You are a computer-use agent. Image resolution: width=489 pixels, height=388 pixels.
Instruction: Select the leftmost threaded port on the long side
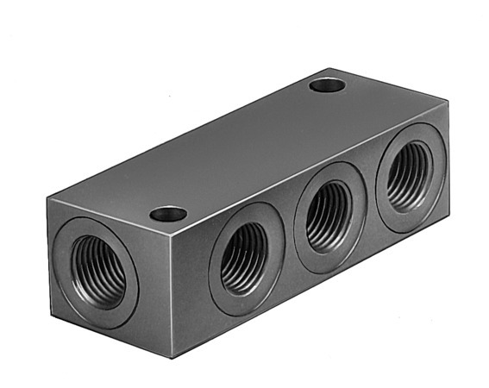(245, 259)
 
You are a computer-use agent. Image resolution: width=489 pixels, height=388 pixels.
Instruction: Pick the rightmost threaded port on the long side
(410, 178)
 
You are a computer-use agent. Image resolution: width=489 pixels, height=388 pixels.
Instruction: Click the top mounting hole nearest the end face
(168, 213)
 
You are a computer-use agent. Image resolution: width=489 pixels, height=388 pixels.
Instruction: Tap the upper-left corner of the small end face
(48, 197)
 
